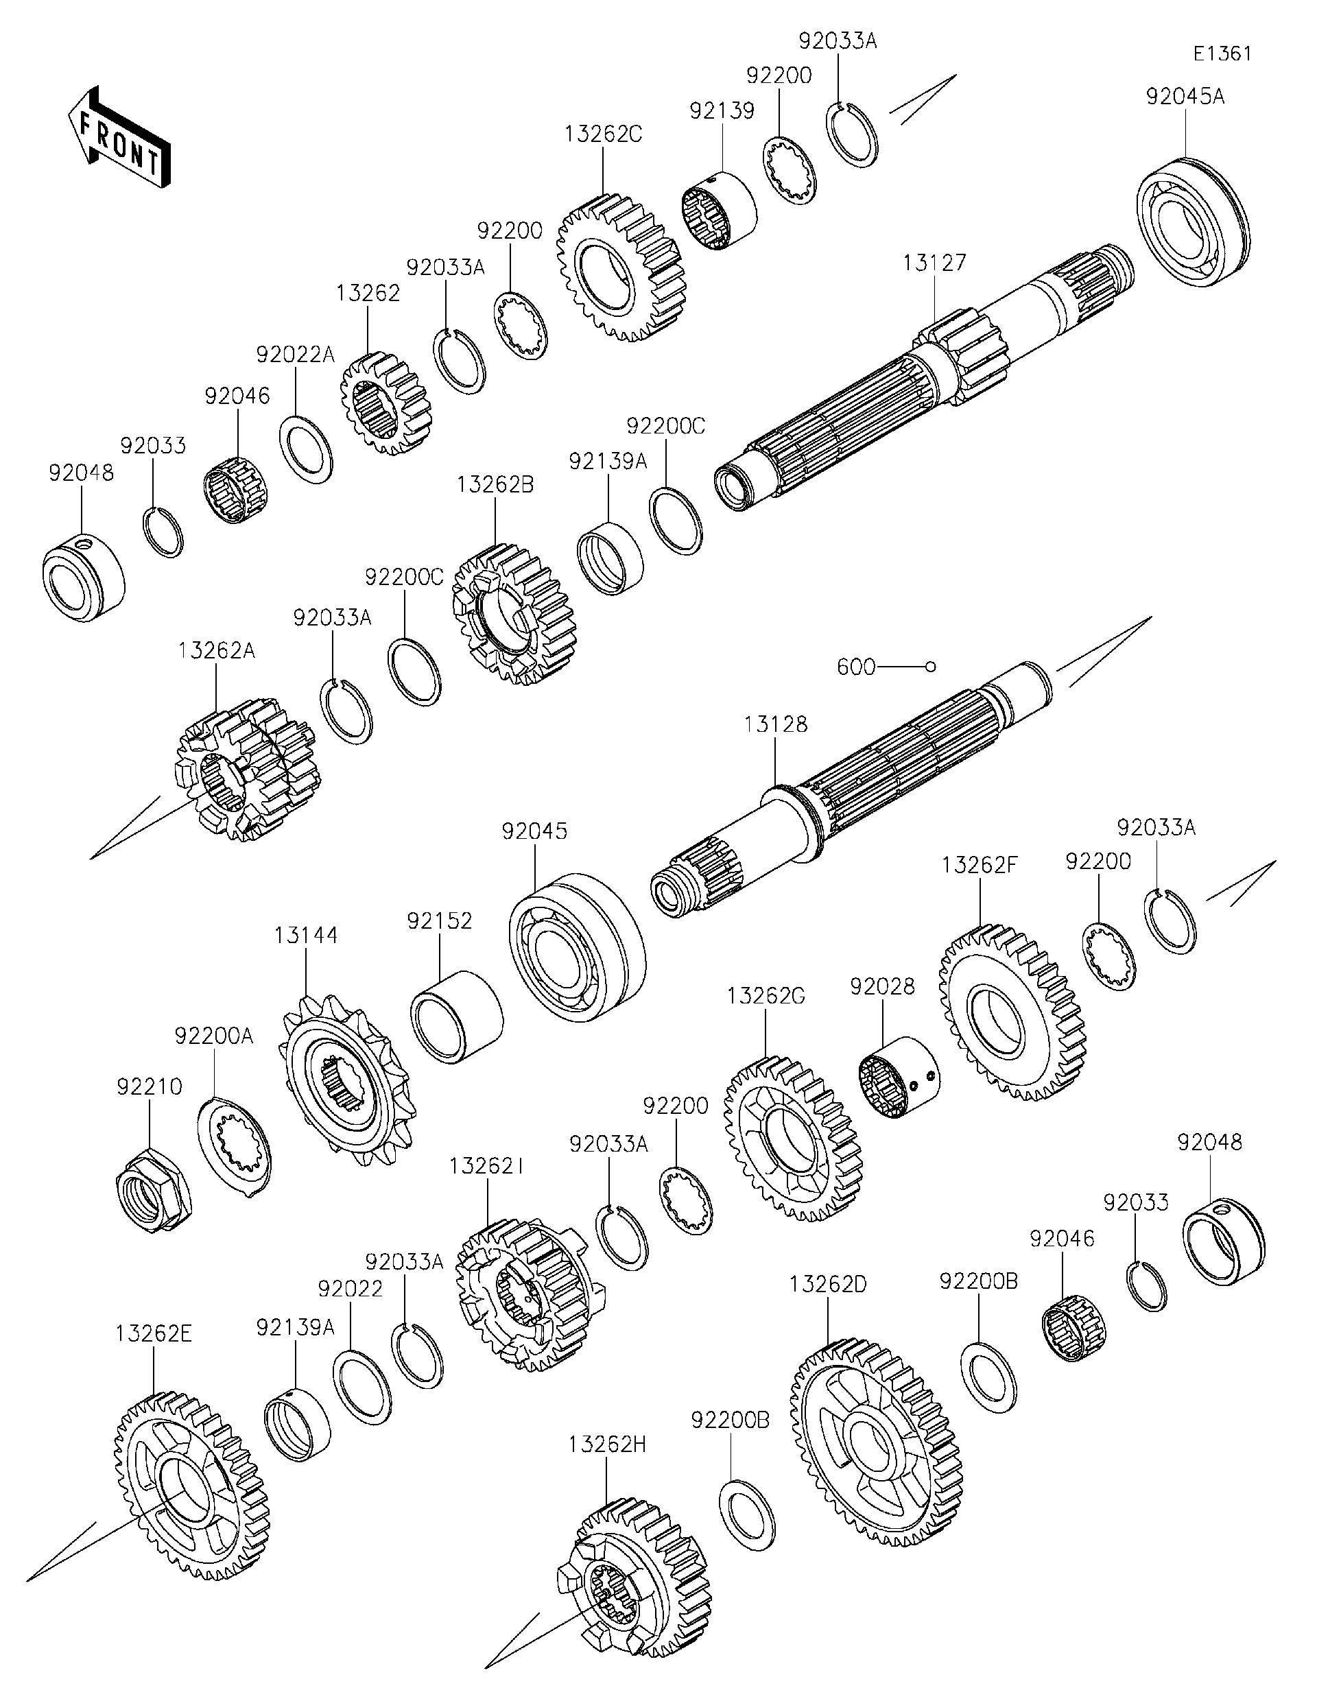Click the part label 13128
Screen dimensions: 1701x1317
click(x=775, y=724)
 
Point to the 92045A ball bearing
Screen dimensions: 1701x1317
click(x=1191, y=222)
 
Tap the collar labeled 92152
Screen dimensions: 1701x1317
click(x=456, y=1016)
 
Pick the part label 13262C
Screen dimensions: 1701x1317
click(x=603, y=134)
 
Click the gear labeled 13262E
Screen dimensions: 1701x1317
click(x=191, y=1484)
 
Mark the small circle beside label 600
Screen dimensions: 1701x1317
click(x=930, y=667)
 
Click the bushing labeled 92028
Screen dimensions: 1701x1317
click(x=899, y=1077)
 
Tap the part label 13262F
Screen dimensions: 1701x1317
click(x=979, y=866)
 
